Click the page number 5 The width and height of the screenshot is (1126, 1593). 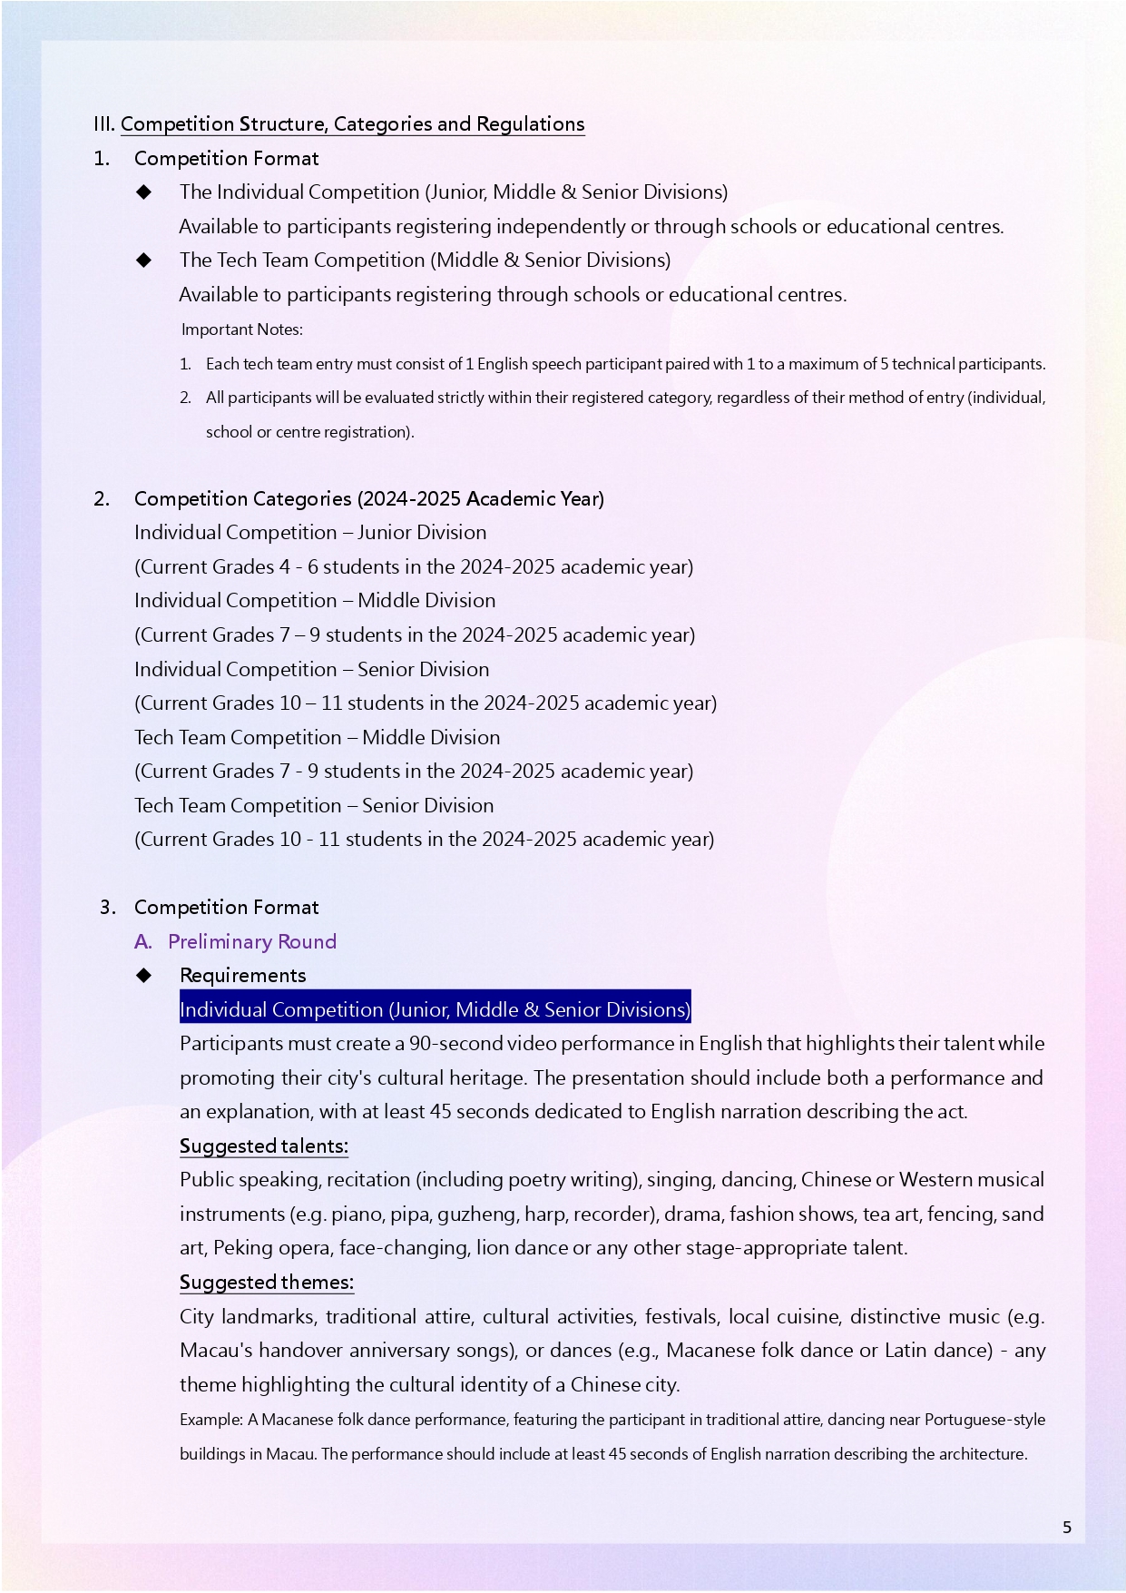click(x=1067, y=1528)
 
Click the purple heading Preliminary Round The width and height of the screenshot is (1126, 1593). click(x=252, y=941)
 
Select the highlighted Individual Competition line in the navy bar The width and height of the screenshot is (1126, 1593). click(x=435, y=1009)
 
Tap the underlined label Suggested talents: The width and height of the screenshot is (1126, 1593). click(x=263, y=1146)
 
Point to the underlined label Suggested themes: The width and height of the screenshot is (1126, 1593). click(x=266, y=1282)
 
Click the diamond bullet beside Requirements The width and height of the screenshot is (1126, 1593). click(x=143, y=976)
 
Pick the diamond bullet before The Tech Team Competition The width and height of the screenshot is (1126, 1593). click(x=143, y=261)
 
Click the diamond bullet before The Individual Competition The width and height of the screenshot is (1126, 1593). click(x=143, y=192)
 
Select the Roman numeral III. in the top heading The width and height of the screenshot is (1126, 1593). click(x=103, y=124)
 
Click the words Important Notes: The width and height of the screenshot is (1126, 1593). click(x=241, y=329)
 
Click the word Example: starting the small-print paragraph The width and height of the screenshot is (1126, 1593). click(x=211, y=1420)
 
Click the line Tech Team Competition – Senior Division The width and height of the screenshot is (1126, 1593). click(x=314, y=805)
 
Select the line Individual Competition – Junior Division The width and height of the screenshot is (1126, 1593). click(x=310, y=533)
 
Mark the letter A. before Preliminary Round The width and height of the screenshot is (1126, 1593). click(x=142, y=941)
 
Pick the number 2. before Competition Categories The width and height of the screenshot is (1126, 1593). click(x=102, y=498)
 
